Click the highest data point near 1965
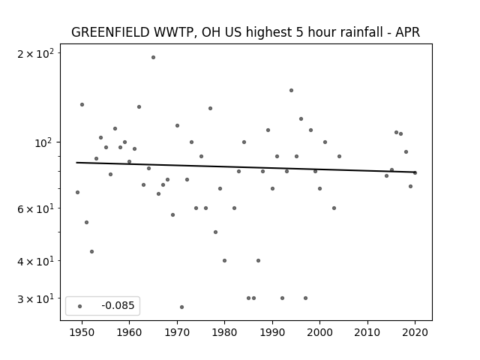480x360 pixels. pyautogui.click(x=153, y=58)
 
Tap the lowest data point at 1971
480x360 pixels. pyautogui.click(x=181, y=307)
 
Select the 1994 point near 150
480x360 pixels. pyautogui.click(x=292, y=90)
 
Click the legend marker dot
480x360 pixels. pyautogui.click(x=80, y=306)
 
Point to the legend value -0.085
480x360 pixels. pyautogui.click(x=118, y=305)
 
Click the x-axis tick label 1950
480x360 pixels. pyautogui.click(x=82, y=332)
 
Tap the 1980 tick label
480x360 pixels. pyautogui.click(x=224, y=332)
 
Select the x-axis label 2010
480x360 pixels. pyautogui.click(x=367, y=332)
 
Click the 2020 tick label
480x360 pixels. pyautogui.click(x=415, y=332)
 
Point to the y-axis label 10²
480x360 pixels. pyautogui.click(x=44, y=142)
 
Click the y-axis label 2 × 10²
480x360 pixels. pyautogui.click(x=35, y=54)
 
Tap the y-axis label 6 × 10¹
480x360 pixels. pyautogui.click(x=35, y=209)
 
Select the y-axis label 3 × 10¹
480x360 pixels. pyautogui.click(x=35, y=298)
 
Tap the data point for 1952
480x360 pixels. pyautogui.click(x=91, y=252)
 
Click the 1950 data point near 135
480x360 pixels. pyautogui.click(x=82, y=105)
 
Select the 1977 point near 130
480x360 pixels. pyautogui.click(x=210, y=108)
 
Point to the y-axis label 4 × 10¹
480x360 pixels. pyautogui.click(x=35, y=262)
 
